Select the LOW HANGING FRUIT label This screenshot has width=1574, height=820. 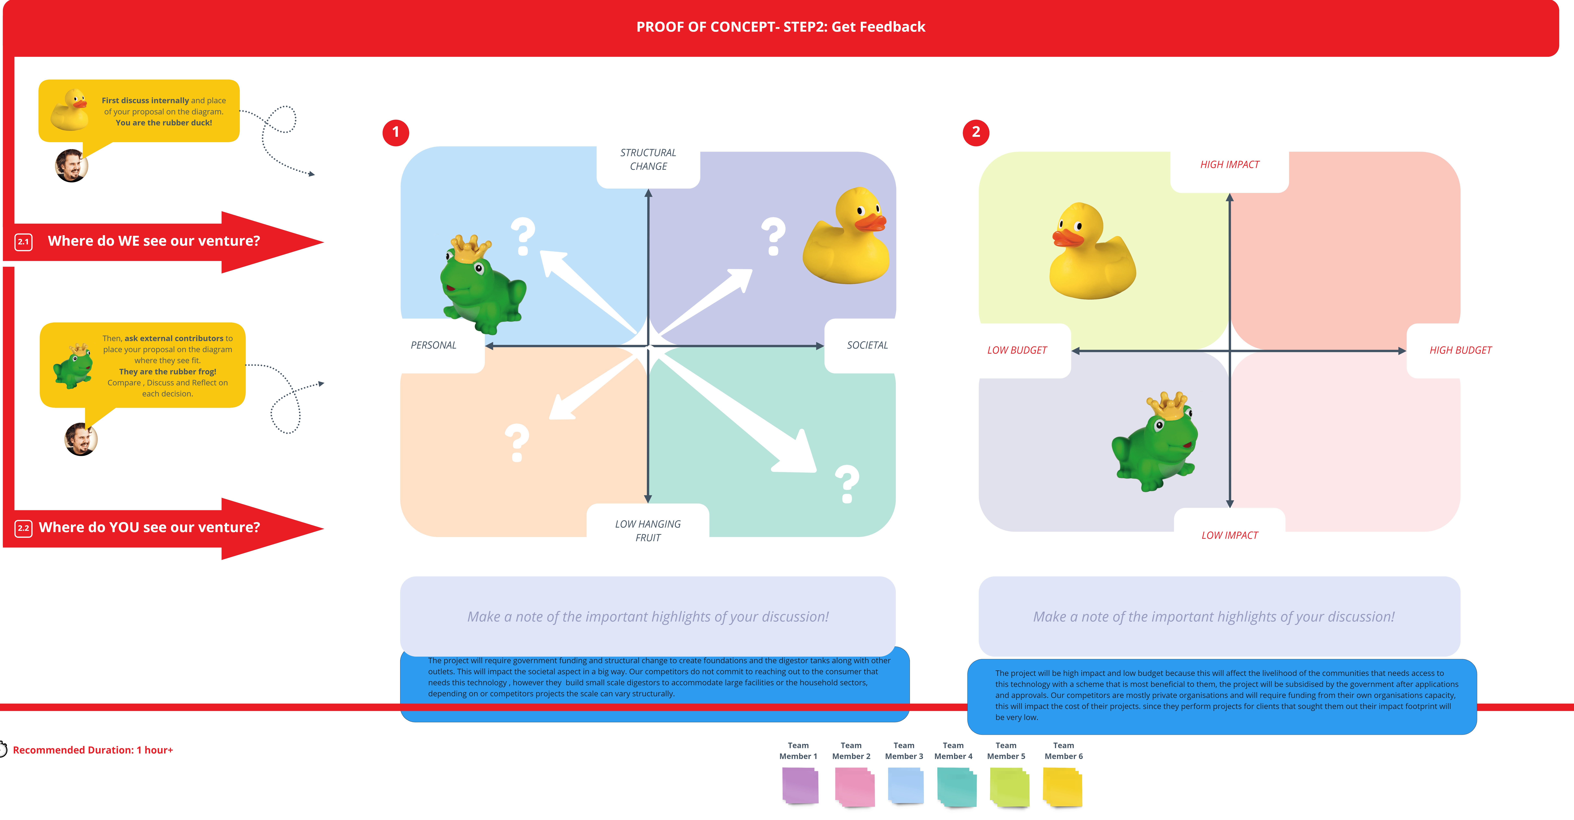pos(648,530)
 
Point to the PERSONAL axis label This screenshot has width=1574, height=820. pos(433,345)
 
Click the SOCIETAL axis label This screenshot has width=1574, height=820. pos(867,345)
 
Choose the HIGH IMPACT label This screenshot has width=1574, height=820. pos(1229,164)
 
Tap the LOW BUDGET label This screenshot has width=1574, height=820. pos(1017,350)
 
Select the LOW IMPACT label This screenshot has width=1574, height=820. pos(1229,535)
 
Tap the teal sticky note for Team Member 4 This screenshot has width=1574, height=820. pos(956,787)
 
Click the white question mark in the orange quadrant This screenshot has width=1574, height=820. pos(517,442)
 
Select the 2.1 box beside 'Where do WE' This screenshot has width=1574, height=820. pos(23,242)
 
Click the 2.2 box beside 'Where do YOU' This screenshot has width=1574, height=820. pos(23,528)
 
